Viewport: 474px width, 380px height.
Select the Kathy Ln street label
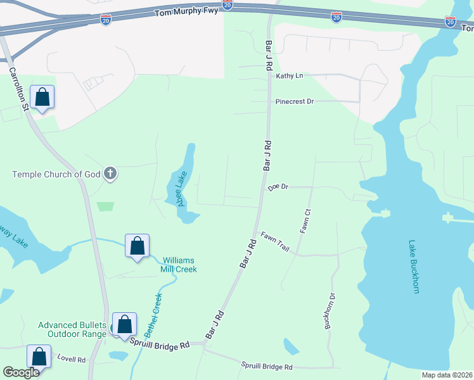pos(289,76)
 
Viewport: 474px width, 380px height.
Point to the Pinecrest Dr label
pos(295,101)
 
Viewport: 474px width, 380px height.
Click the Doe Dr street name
pos(278,187)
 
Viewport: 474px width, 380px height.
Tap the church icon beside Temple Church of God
pos(110,174)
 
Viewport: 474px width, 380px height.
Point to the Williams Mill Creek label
pos(179,265)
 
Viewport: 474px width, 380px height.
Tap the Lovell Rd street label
pos(71,359)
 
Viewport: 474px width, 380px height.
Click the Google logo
pos(21,372)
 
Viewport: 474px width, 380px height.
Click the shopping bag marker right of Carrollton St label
pos(42,97)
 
